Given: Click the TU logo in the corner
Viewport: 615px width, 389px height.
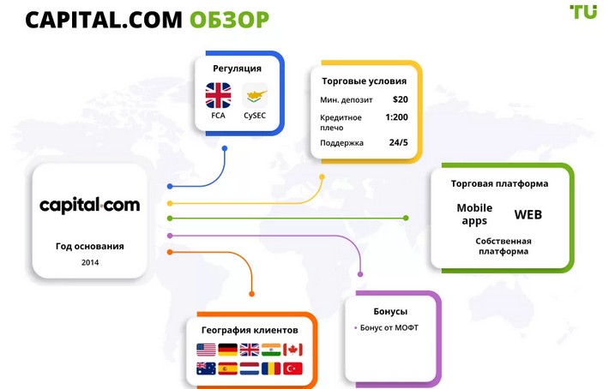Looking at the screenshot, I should [583, 12].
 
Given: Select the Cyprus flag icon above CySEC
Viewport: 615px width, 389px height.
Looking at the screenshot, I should [256, 94].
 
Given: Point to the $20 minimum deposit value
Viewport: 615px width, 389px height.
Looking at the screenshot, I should [400, 99].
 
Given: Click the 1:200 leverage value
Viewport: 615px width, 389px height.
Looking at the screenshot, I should [396, 117].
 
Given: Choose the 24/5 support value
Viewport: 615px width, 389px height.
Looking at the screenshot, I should [398, 142].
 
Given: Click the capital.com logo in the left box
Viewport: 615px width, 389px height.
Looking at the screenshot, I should [89, 206].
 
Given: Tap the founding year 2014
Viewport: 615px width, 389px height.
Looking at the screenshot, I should [90, 262].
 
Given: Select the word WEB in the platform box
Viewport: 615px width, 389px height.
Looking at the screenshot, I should [528, 214].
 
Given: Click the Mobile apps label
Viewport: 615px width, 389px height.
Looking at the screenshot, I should [474, 214].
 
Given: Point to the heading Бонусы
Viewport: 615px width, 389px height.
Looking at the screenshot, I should [390, 311].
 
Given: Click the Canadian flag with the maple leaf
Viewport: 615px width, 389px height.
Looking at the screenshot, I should [293, 350].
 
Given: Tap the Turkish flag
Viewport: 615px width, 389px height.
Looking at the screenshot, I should [293, 369].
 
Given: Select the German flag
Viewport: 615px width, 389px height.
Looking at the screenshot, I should [227, 350].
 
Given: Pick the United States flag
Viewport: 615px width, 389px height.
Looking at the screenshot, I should [206, 350].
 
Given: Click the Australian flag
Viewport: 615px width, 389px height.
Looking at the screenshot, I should [206, 369].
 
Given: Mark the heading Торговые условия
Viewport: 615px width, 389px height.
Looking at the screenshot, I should [364, 81].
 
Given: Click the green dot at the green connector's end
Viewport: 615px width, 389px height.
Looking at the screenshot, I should [406, 218].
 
